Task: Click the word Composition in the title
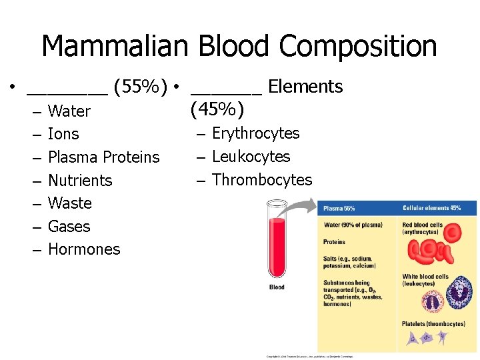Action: click(359, 47)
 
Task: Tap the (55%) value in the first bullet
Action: click(141, 87)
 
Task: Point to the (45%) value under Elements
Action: click(217, 109)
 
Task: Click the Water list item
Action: click(69, 111)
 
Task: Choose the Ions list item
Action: click(63, 134)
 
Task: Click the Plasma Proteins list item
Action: click(104, 157)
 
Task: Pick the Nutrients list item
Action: click(80, 181)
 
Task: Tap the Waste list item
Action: click(70, 203)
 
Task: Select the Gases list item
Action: click(69, 227)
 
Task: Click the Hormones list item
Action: click(84, 249)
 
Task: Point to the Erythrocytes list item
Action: click(256, 133)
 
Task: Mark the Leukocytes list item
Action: click(251, 157)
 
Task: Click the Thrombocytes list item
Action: click(262, 180)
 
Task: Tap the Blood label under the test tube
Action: click(277, 287)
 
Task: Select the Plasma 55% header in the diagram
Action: click(339, 209)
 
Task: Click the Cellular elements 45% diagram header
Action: click(431, 209)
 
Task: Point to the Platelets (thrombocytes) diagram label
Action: click(433, 324)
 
